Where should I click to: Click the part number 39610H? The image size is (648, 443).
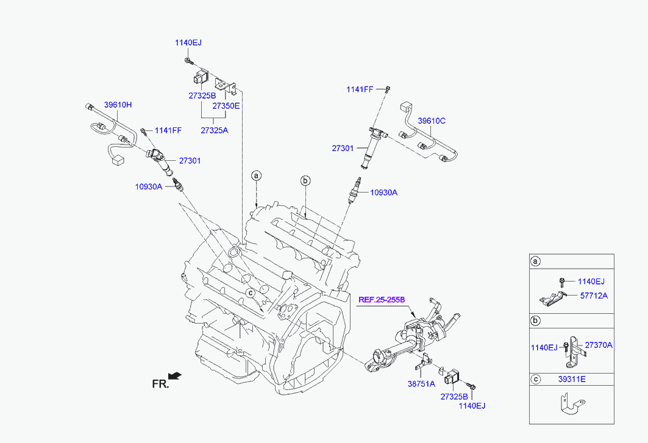(x=118, y=105)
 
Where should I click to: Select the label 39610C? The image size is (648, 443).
(x=432, y=121)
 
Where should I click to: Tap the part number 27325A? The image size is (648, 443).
(x=214, y=130)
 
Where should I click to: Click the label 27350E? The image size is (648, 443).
(x=226, y=106)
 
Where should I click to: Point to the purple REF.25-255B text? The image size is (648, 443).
(x=382, y=300)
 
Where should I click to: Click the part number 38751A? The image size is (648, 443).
(x=421, y=384)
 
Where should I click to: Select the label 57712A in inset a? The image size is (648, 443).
(x=594, y=296)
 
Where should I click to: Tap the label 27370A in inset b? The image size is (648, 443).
(x=599, y=345)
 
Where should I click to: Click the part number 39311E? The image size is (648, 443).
(x=572, y=379)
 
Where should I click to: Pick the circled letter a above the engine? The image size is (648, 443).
(x=257, y=175)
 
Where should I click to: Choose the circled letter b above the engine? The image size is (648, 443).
(x=305, y=180)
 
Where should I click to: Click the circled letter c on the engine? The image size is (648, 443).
(x=251, y=292)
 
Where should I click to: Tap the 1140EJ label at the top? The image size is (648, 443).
(x=188, y=43)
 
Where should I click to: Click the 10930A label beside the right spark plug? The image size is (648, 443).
(x=383, y=192)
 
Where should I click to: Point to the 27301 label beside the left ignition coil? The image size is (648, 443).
(x=190, y=160)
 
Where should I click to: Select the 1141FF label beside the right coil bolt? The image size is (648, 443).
(x=360, y=89)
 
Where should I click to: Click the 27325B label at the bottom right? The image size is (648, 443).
(x=454, y=397)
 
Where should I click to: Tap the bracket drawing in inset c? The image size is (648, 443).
(x=572, y=404)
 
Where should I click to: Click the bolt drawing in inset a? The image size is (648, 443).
(x=561, y=283)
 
